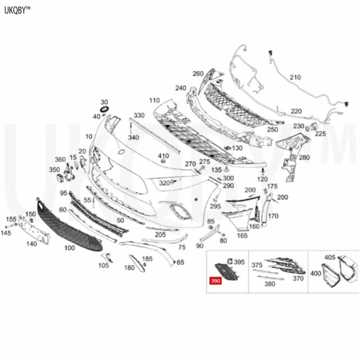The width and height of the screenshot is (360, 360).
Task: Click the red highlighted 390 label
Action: coord(216,281)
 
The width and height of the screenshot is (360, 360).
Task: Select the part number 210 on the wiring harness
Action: coord(295,77)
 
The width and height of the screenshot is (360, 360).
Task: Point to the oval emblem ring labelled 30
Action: coord(105,109)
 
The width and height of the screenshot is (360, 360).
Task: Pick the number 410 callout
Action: coord(163,156)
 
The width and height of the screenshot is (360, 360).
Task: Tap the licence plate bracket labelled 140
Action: coord(35,229)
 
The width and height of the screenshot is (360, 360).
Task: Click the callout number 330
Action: coord(139,115)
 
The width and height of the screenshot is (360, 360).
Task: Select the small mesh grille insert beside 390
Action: coord(227,272)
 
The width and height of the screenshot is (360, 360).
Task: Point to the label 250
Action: coord(273,130)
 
